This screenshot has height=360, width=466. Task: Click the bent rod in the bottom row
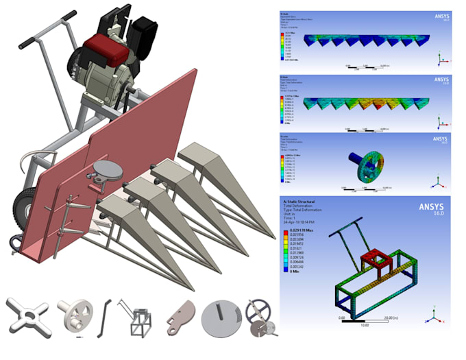point(103,317)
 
